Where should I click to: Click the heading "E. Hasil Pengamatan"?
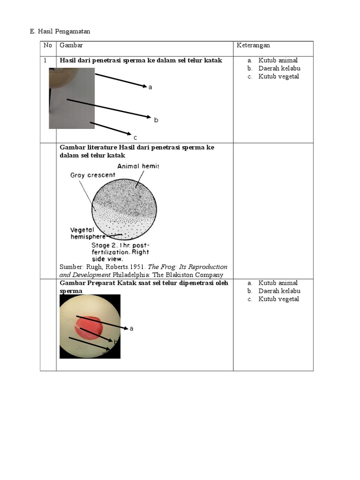point(60,31)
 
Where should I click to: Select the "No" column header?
point(47,45)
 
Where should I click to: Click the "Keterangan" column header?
point(253,45)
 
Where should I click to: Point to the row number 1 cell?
point(45,60)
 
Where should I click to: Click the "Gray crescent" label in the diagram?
point(93,175)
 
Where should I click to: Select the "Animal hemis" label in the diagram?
point(138,166)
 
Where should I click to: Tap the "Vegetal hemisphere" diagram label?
point(89,233)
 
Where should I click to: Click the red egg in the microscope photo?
point(89,327)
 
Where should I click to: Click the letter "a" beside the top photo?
point(150,87)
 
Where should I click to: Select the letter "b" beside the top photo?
point(156,120)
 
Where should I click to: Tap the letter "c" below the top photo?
point(135,138)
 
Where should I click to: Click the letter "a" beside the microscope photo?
point(131,329)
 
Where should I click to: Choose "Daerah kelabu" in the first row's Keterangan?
point(279,68)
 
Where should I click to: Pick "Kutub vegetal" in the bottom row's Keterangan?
point(278,299)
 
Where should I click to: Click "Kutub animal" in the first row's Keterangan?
point(278,60)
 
